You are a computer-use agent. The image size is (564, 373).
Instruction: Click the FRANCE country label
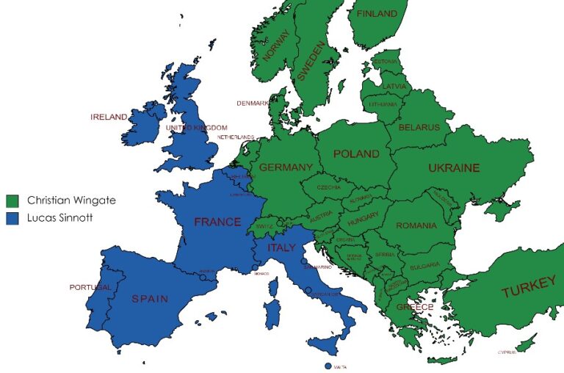click(x=217, y=222)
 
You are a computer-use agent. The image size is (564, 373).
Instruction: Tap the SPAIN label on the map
click(x=150, y=299)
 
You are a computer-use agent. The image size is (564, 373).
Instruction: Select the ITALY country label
click(x=281, y=247)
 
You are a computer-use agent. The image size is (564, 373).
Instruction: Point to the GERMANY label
click(x=286, y=167)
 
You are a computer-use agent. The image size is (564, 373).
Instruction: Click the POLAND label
click(x=356, y=154)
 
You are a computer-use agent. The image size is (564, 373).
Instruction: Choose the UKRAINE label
click(x=454, y=168)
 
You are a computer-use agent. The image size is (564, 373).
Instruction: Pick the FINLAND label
click(x=376, y=13)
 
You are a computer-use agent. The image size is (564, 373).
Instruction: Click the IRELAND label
click(x=109, y=117)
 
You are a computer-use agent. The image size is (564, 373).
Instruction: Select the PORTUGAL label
click(x=90, y=287)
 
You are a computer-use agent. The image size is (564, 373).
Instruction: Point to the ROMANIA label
click(x=416, y=226)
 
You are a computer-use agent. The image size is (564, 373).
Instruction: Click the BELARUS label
click(x=419, y=128)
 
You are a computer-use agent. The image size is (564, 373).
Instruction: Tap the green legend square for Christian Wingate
click(x=12, y=200)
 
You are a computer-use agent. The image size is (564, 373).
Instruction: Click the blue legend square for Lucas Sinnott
click(x=12, y=218)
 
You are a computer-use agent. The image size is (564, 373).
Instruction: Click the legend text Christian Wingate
click(x=71, y=200)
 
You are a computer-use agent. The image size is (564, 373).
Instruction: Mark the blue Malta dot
click(x=328, y=366)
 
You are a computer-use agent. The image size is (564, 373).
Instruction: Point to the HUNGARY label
click(x=363, y=215)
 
